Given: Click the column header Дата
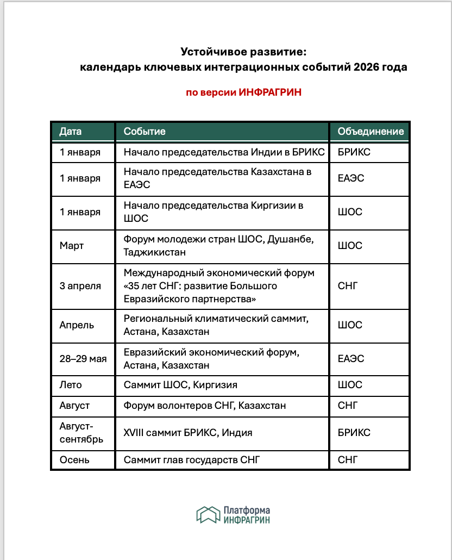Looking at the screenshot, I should click(71, 132).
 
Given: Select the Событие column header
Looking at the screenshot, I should click(145, 132).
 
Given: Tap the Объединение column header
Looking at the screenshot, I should click(371, 132).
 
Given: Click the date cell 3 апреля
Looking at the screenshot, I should click(80, 286).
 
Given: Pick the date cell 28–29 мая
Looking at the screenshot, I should click(83, 359).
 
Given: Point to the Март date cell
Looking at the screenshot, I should click(72, 246).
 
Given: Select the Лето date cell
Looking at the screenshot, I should click(71, 385).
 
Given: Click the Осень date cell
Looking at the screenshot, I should click(74, 460).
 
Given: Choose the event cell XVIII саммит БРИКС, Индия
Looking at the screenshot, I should click(188, 433).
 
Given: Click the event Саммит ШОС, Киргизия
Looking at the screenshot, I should click(180, 385).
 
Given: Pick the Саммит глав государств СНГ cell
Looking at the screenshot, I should click(192, 460).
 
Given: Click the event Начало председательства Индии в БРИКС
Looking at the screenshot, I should click(224, 152).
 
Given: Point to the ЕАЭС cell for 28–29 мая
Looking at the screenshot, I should click(351, 359).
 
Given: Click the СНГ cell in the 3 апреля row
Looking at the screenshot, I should click(348, 286).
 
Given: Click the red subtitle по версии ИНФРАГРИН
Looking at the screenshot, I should click(243, 92).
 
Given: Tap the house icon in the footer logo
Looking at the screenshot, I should click(208, 514).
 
